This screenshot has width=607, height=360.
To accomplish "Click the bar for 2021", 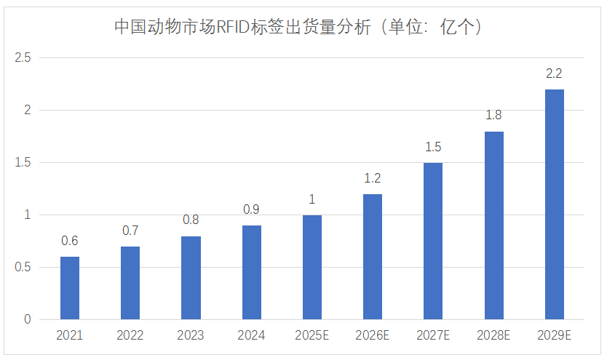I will (x=70, y=288).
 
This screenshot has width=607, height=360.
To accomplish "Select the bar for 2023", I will (x=191, y=278).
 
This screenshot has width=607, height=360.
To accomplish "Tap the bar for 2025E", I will (x=312, y=267).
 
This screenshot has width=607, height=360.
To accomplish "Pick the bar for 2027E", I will (x=433, y=241).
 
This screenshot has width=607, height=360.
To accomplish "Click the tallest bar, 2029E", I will (x=554, y=204).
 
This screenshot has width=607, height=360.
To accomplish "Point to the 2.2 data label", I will (x=554, y=73).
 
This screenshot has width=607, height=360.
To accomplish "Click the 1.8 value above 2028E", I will (x=493, y=115).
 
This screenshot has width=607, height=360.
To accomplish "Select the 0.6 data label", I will (x=70, y=241).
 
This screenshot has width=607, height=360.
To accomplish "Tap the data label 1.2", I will (x=373, y=178).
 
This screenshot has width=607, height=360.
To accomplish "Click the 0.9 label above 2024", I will (x=251, y=209).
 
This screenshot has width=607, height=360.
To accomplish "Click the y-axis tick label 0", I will (x=28, y=319).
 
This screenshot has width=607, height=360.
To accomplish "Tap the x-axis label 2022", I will (x=130, y=336).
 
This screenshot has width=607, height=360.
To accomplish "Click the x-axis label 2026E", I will (x=373, y=336).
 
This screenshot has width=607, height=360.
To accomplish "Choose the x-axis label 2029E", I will (x=554, y=336).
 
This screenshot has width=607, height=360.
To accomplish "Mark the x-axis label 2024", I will (x=251, y=336).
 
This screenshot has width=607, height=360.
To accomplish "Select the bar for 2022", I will (x=130, y=283).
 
